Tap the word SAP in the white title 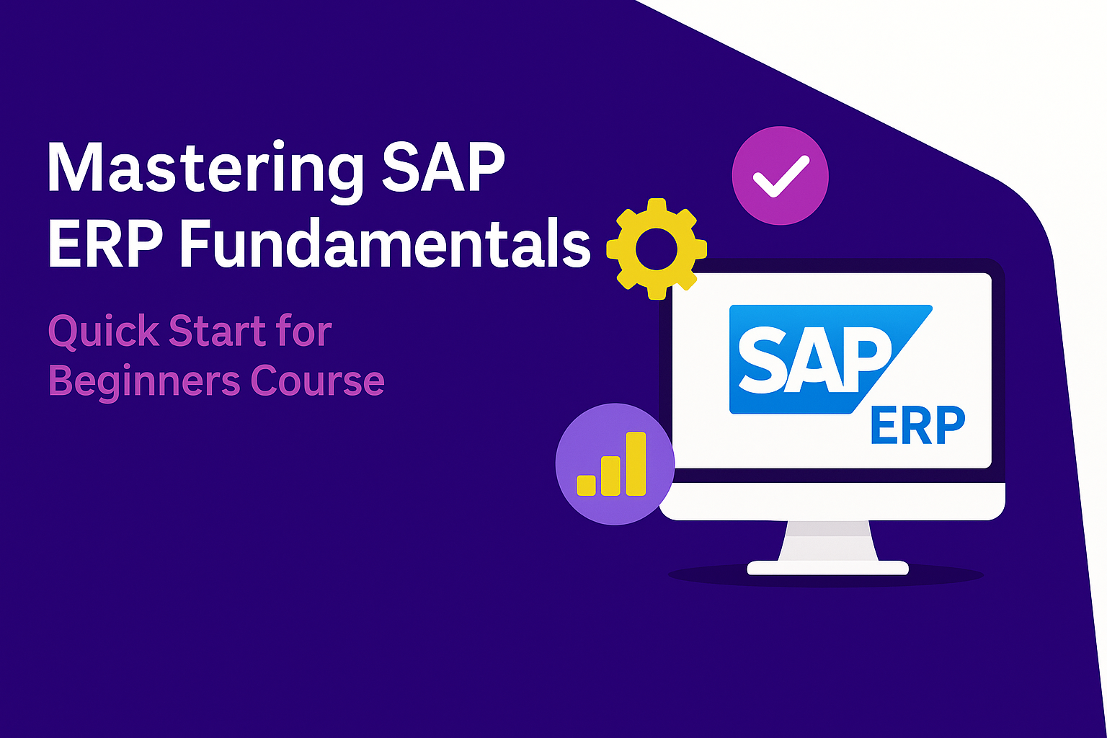[x=443, y=166]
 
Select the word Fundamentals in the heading [x=384, y=243]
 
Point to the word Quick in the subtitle [x=103, y=332]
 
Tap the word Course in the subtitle [x=318, y=381]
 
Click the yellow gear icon [x=657, y=249]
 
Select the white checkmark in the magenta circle [x=781, y=177]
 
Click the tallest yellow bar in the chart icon [x=636, y=463]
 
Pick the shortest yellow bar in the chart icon [x=586, y=485]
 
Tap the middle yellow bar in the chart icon [x=611, y=476]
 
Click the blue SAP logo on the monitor [x=831, y=360]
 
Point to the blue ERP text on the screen [x=917, y=426]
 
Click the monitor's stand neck [x=828, y=541]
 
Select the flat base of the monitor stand [x=828, y=567]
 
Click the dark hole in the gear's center [x=657, y=249]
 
